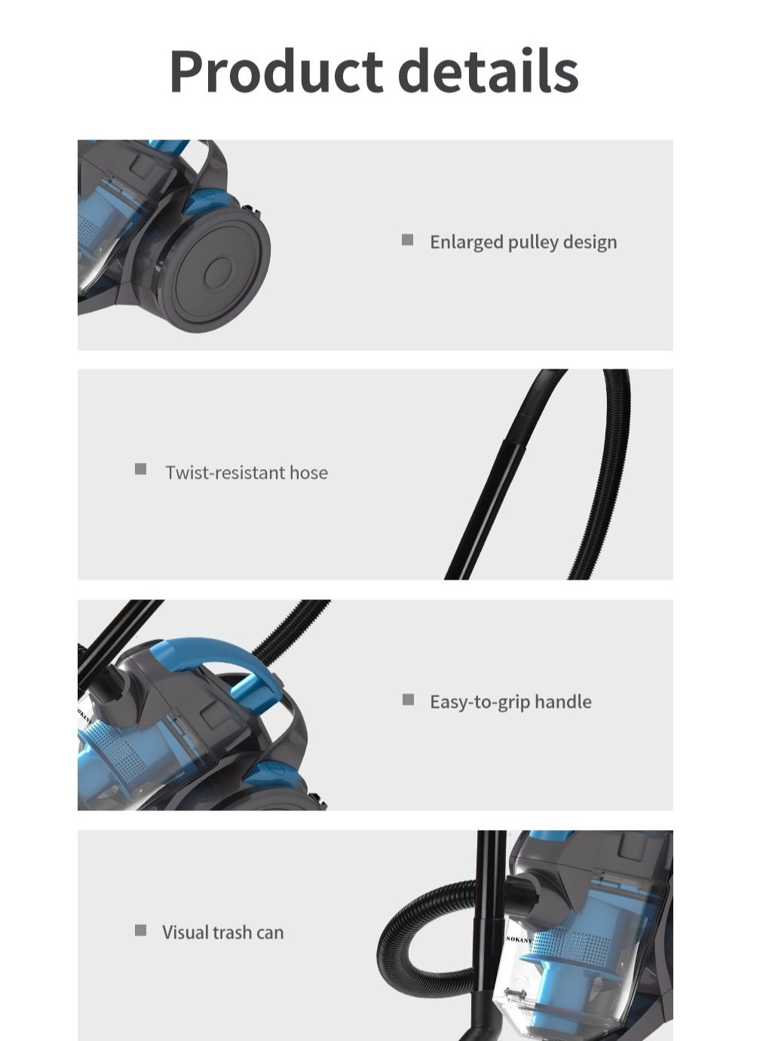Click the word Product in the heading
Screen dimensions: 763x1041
(276, 70)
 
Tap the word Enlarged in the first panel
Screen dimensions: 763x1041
(467, 243)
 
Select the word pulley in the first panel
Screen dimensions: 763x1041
(533, 243)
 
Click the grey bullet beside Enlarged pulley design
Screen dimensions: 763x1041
(407, 240)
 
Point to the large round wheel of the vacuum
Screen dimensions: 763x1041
(216, 269)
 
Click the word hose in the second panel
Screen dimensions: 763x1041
(308, 473)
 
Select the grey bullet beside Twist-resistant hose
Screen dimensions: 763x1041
(140, 469)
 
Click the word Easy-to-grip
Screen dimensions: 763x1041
(480, 703)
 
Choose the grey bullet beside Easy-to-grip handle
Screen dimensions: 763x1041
(408, 700)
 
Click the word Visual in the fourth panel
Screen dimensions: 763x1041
(184, 932)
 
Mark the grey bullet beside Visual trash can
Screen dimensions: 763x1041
(140, 930)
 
